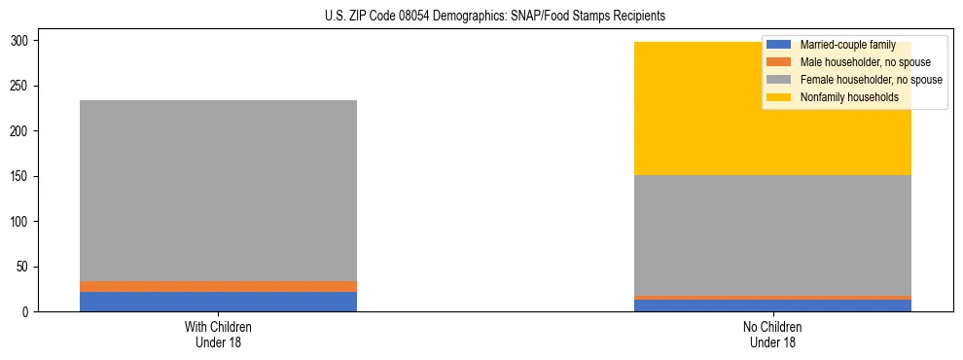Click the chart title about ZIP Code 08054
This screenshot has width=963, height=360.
[x=495, y=17]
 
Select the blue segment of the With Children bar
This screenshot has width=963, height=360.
[x=218, y=302]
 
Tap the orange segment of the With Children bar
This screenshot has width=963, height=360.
[x=218, y=286]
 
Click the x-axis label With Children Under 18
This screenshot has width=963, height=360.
[x=218, y=334]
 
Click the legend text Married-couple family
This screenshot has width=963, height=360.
[x=847, y=45]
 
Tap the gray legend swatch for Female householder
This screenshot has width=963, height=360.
[x=779, y=80]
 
